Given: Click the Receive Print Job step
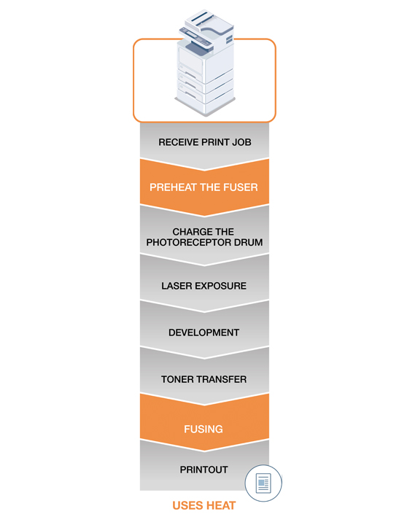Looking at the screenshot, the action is (x=205, y=142).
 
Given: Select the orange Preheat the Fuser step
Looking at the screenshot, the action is (x=204, y=187).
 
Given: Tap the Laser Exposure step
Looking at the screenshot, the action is (x=204, y=286).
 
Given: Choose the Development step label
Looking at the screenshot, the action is (x=204, y=332).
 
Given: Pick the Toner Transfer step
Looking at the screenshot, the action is (x=204, y=379).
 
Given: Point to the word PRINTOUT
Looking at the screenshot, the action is (x=204, y=470).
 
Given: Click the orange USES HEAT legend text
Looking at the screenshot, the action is (x=204, y=505).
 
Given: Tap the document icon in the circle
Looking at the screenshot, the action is (x=263, y=483).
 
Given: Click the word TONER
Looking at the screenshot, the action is (x=177, y=379).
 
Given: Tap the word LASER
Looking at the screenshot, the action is (x=177, y=286).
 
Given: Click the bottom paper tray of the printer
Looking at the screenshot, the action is (x=205, y=101).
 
